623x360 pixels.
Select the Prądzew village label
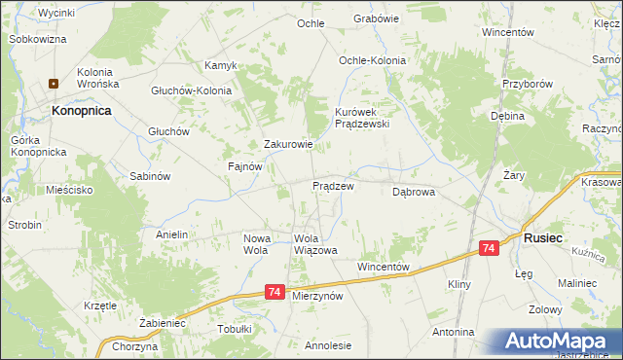[332, 185]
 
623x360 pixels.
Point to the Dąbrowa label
[413, 193]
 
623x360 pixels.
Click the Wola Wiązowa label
[315, 244]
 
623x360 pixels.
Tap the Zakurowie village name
[288, 145]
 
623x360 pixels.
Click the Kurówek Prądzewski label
[362, 118]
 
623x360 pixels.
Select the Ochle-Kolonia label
[372, 60]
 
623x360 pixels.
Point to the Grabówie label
[377, 18]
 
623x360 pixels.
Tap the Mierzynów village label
[318, 296]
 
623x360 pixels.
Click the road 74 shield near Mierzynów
[275, 292]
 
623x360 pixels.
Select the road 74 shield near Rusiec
[490, 250]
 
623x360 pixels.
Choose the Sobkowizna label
[37, 39]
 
